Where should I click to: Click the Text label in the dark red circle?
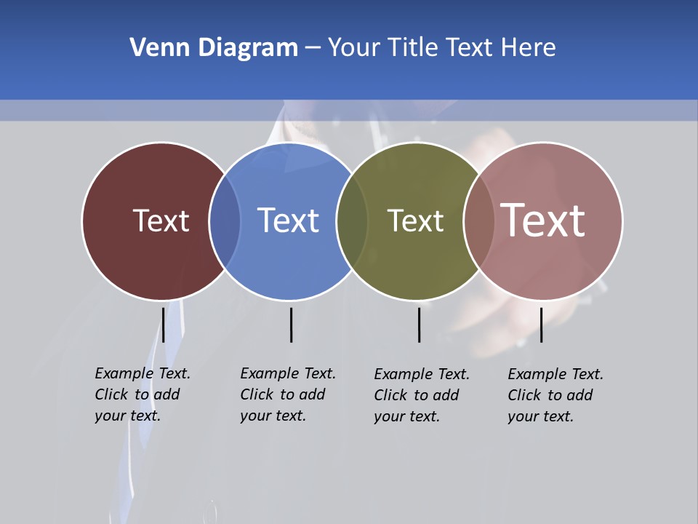point(161,221)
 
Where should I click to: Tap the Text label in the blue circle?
point(288,221)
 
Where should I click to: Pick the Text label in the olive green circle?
point(415,221)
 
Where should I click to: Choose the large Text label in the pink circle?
point(542,220)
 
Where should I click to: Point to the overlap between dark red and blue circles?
point(225,221)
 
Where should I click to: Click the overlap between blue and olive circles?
point(352,221)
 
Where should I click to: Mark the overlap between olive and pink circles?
point(479,221)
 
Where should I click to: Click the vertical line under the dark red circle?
point(163,325)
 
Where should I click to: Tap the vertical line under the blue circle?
point(291,325)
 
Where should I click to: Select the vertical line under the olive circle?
point(419,325)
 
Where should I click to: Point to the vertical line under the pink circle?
point(541,325)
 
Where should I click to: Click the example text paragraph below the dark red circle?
point(142,394)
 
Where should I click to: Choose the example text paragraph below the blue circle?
point(287,394)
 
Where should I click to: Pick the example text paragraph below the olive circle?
point(421,395)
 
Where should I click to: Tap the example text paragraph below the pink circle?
point(555,395)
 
